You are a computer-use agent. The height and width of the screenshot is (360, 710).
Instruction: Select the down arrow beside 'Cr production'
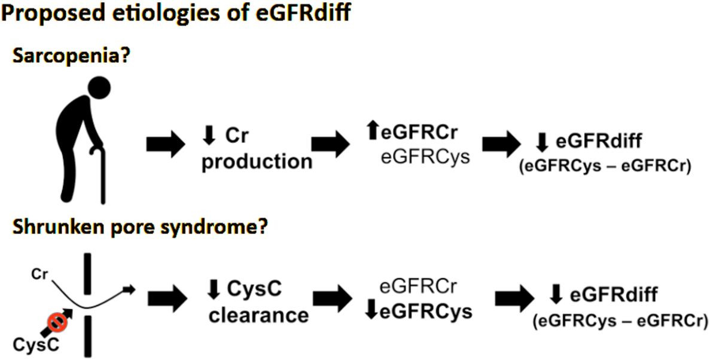[209, 136]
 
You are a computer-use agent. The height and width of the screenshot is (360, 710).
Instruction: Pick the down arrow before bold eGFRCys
[372, 312]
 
